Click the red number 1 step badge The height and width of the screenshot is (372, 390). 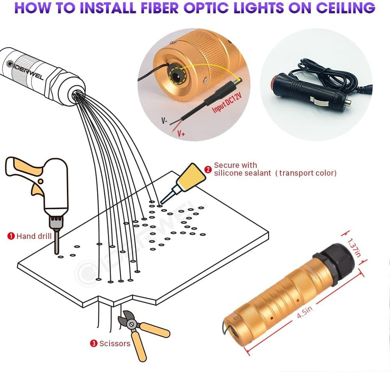(11, 236)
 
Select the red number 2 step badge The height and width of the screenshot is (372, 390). (208, 169)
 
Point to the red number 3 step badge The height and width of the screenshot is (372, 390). (93, 344)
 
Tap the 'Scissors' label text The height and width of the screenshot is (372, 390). (115, 344)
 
